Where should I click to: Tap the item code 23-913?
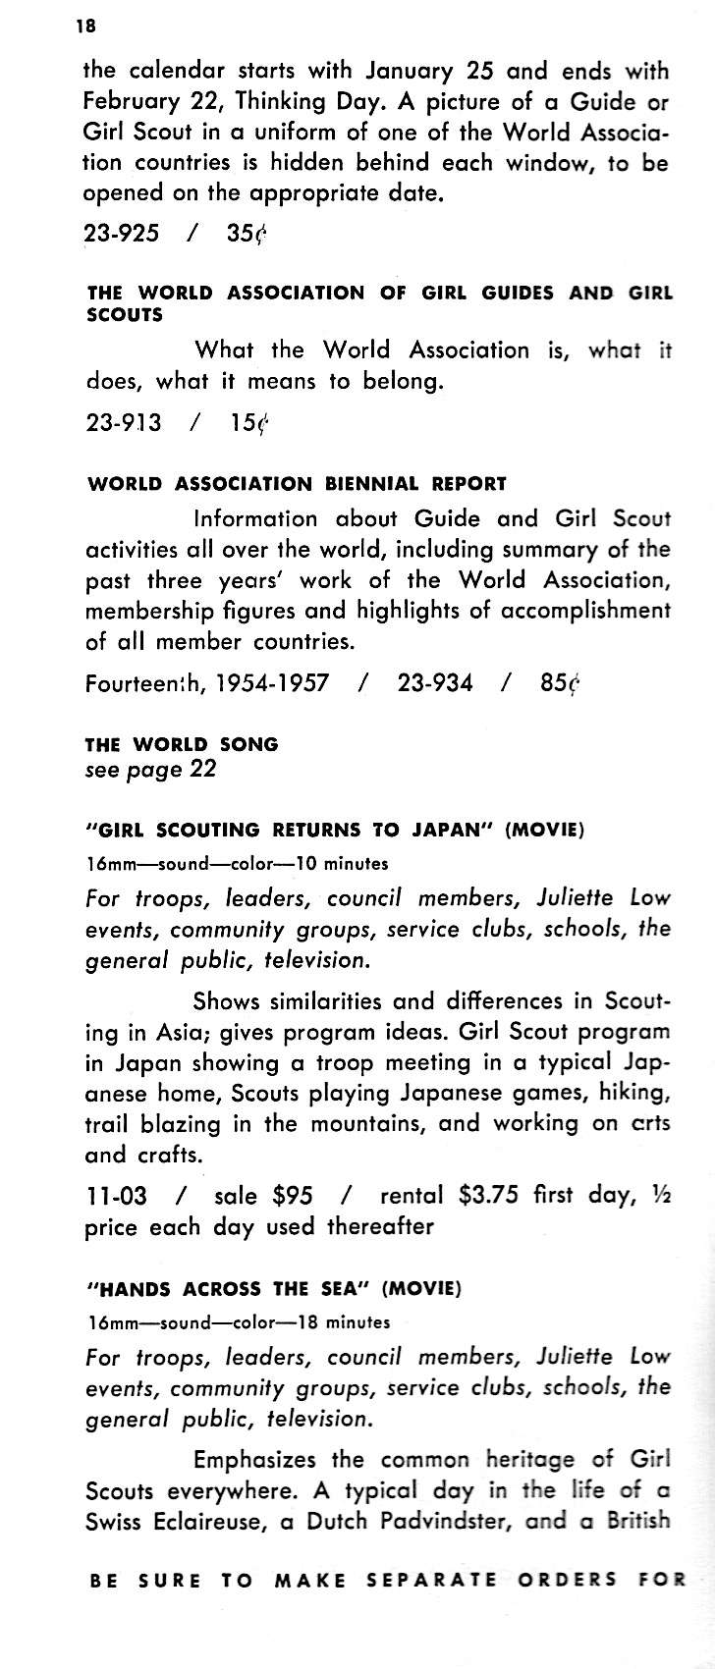point(124,422)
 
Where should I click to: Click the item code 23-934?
point(435,683)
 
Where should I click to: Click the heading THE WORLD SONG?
point(183,744)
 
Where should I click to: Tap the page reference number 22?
point(202,769)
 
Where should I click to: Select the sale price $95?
point(293,1196)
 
